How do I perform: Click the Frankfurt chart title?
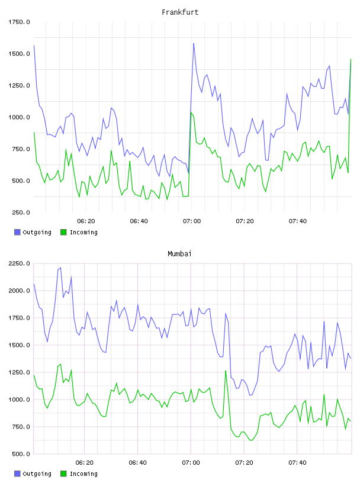[x=180, y=12]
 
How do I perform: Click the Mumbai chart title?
[x=179, y=254]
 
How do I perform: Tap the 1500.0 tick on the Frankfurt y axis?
[x=19, y=54]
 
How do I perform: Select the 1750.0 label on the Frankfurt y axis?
[x=19, y=22]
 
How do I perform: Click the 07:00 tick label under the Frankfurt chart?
[x=192, y=221]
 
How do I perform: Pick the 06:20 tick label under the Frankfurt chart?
[x=86, y=221]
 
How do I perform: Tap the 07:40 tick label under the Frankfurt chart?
[x=298, y=221]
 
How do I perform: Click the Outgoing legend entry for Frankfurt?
[x=33, y=232]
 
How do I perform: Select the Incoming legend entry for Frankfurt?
[x=79, y=232]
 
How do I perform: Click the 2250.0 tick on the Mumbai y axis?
[x=19, y=263]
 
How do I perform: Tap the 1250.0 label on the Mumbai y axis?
[x=19, y=372]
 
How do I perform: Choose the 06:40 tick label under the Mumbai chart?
[x=138, y=463]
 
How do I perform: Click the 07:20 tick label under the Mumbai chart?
[x=244, y=463]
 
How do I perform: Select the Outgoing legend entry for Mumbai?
[x=33, y=474]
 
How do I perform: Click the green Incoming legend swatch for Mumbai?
[x=63, y=474]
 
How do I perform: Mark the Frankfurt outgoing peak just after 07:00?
[x=194, y=43]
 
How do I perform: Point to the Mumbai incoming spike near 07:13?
[x=226, y=371]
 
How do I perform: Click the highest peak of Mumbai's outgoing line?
[x=60, y=268]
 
